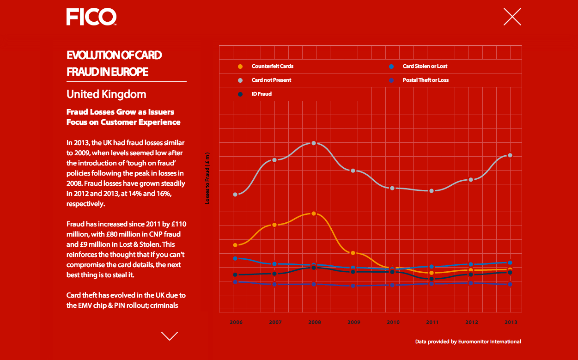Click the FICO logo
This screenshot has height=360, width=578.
tap(91, 17)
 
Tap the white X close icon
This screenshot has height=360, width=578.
tap(512, 17)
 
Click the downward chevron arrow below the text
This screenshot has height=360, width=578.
tap(170, 336)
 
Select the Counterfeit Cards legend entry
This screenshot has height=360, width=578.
tap(272, 66)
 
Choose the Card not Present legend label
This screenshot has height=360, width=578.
tap(271, 80)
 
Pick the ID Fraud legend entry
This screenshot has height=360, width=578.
tap(262, 94)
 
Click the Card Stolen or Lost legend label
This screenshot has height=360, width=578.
tap(425, 66)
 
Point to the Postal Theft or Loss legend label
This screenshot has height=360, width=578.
tap(426, 80)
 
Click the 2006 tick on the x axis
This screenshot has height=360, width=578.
tap(236, 322)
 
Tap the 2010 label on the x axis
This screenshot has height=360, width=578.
tap(393, 322)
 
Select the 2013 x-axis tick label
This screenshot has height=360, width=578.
tap(511, 322)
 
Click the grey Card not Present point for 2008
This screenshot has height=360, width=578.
tap(314, 143)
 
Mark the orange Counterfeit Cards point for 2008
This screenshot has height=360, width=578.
tap(314, 214)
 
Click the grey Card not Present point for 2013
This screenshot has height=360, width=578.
tap(510, 155)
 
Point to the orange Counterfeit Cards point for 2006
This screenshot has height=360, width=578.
tap(235, 245)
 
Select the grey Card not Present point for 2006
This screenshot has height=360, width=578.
tap(235, 195)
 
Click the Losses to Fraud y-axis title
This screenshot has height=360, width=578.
tap(207, 178)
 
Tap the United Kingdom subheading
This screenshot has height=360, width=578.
tap(106, 94)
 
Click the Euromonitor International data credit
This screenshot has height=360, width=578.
tap(468, 342)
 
